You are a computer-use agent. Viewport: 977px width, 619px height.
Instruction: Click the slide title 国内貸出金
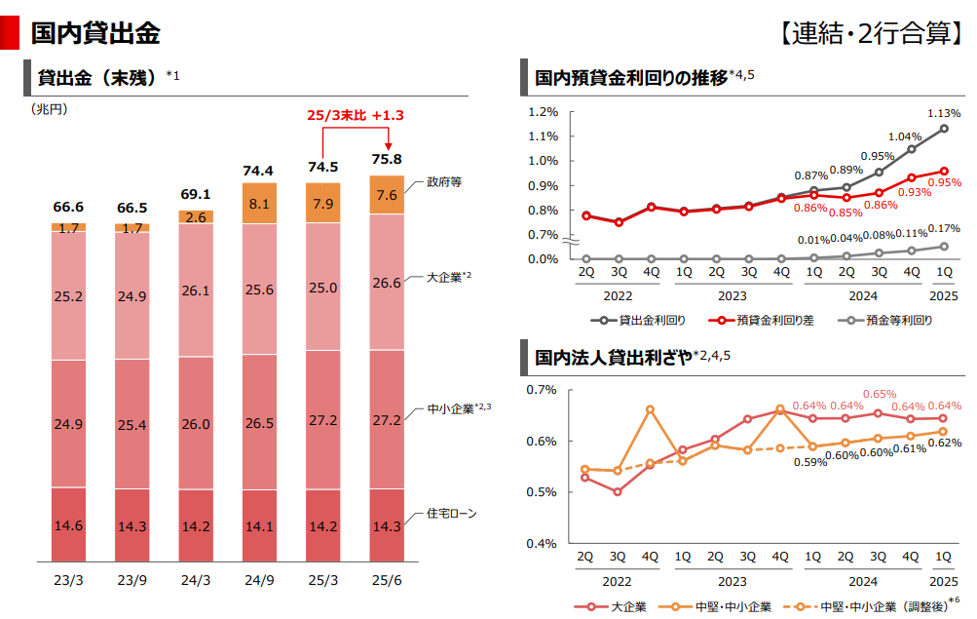coord(94,33)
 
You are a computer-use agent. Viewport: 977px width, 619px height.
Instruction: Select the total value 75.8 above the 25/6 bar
coord(386,159)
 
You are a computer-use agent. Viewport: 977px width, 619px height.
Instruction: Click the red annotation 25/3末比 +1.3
coord(355,115)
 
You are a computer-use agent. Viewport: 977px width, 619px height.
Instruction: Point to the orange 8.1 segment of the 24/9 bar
coord(259,204)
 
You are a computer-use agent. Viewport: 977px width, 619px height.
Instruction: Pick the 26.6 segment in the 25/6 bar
coord(386,283)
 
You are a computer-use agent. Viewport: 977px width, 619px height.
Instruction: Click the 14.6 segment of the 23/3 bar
coord(68,525)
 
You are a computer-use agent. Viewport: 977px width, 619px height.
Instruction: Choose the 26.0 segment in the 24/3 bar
coord(196,424)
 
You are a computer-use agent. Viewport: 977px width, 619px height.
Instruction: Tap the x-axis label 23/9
coord(132,581)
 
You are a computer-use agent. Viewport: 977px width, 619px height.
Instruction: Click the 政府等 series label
coord(445,182)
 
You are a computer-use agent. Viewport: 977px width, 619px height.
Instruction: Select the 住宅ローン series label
coord(452,513)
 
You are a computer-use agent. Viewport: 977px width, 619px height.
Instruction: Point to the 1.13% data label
coord(942,112)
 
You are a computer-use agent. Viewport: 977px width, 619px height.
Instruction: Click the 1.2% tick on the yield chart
coord(544,111)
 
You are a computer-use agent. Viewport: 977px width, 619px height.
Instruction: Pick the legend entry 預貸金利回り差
coord(775,320)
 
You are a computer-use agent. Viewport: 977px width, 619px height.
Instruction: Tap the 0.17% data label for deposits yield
coord(944,229)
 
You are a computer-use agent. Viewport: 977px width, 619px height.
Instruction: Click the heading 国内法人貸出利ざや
coord(610,357)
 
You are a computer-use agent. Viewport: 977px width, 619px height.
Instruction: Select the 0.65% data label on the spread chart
coord(879,394)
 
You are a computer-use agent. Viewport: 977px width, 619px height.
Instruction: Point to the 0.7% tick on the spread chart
coord(542,390)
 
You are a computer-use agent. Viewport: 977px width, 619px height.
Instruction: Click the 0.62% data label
coord(944,443)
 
